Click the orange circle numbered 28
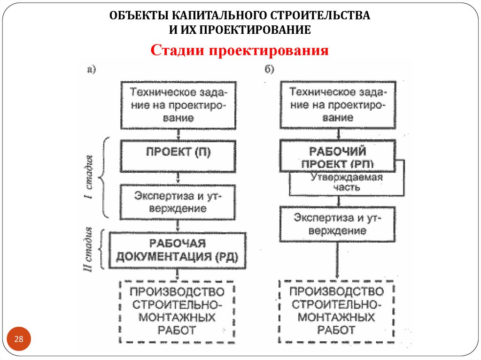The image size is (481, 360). (x=19, y=339)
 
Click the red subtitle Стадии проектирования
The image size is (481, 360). (x=239, y=51)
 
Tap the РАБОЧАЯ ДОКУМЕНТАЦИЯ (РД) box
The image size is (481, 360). (x=178, y=250)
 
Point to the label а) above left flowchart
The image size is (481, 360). (x=91, y=69)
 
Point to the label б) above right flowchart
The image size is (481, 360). (x=269, y=69)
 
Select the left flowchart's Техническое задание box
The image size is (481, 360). (x=178, y=105)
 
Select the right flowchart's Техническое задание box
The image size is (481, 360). (x=338, y=105)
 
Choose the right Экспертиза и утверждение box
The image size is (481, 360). (x=337, y=224)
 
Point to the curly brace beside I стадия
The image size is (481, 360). (x=106, y=177)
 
